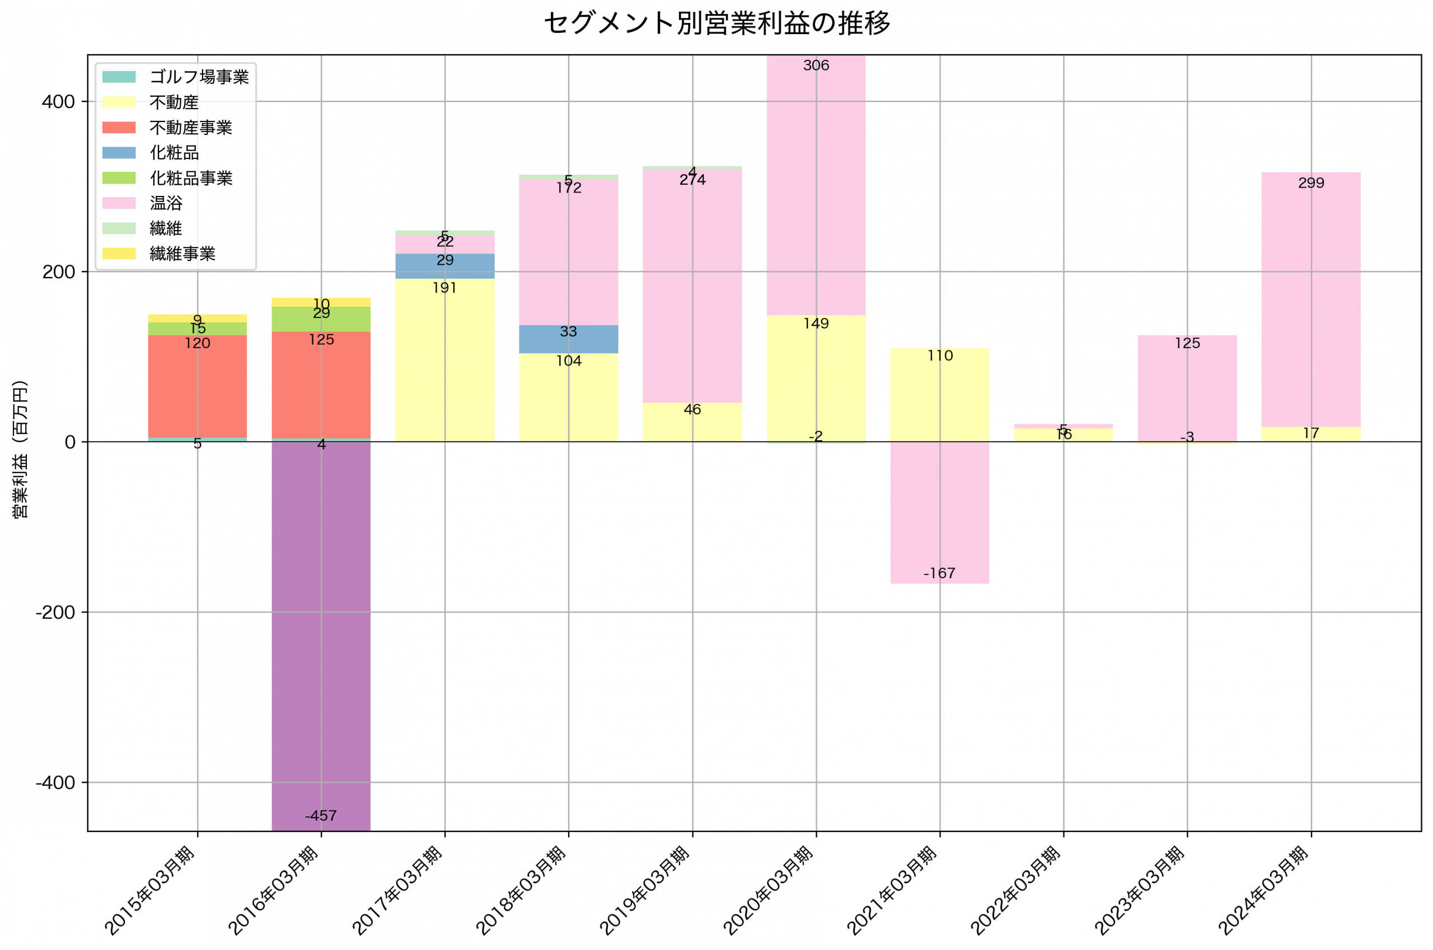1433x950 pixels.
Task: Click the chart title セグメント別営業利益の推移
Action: (716, 23)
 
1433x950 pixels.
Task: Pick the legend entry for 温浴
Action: (166, 203)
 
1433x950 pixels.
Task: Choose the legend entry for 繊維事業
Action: (182, 253)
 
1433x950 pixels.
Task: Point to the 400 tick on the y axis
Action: (58, 102)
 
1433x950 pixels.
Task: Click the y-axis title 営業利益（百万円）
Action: (20, 449)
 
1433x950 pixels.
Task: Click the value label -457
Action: (320, 816)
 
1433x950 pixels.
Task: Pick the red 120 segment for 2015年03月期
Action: (198, 388)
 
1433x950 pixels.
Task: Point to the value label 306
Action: (816, 65)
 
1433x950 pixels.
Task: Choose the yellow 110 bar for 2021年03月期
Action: (939, 394)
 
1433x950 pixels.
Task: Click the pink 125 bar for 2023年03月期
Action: (1187, 388)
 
